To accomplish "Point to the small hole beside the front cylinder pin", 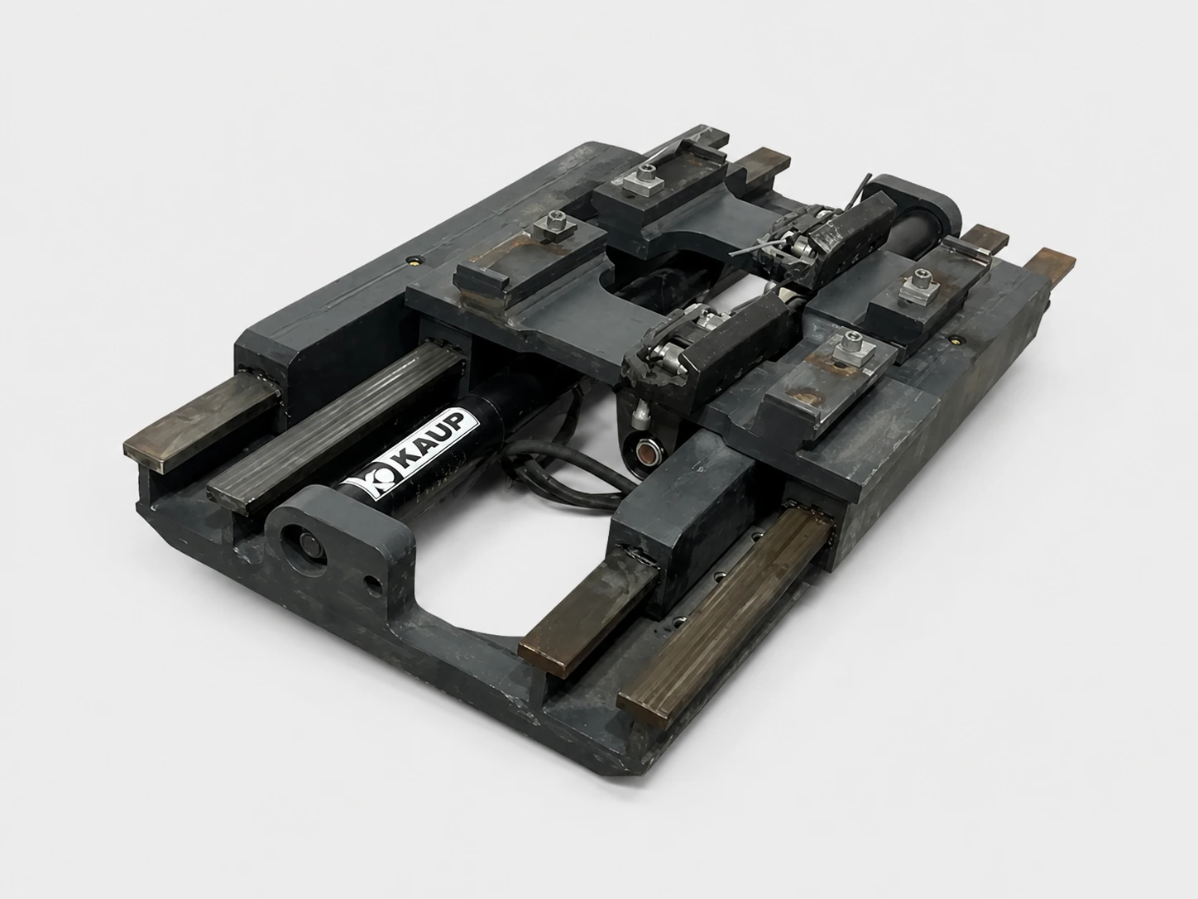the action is point(374,587).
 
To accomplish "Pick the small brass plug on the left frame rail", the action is point(417,261).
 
